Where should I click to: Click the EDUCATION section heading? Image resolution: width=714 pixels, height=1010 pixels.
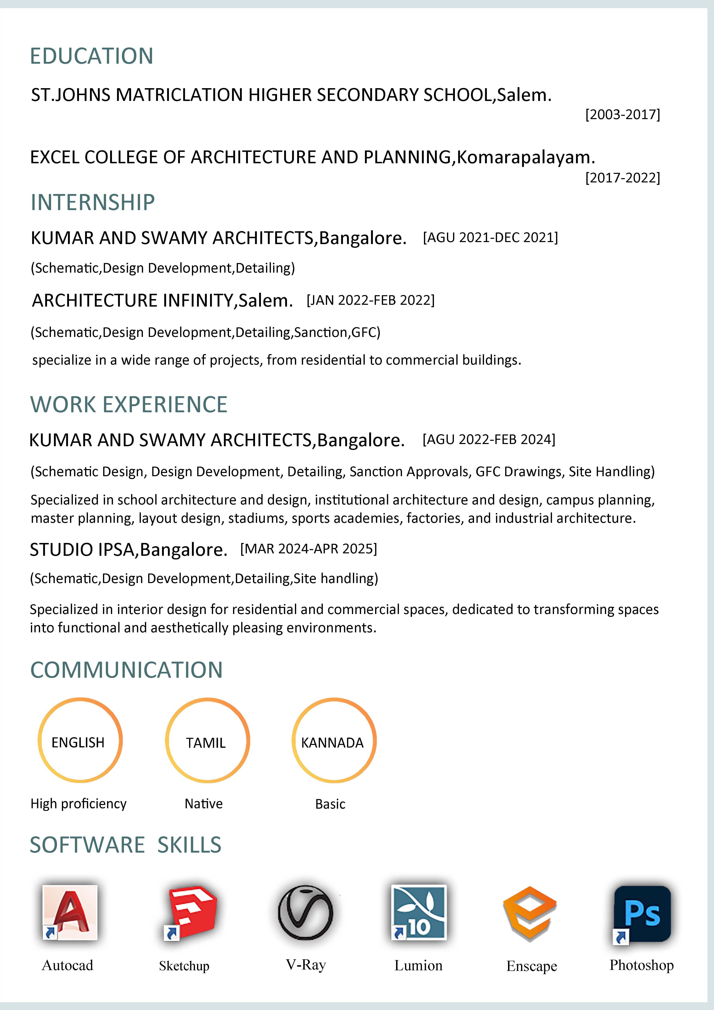click(91, 56)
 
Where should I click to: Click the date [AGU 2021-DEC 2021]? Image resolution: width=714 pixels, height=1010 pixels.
click(490, 238)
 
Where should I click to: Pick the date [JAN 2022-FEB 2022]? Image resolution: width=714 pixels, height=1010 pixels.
click(370, 300)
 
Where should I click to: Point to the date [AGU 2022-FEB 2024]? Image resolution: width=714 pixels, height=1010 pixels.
click(489, 440)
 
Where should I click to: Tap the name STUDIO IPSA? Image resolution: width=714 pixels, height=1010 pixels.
click(82, 549)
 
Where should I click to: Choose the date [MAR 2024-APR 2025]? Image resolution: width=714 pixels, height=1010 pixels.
click(309, 549)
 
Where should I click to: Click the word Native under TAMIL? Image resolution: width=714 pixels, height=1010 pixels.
click(204, 804)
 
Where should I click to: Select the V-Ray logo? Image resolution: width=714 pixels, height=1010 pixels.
click(306, 913)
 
